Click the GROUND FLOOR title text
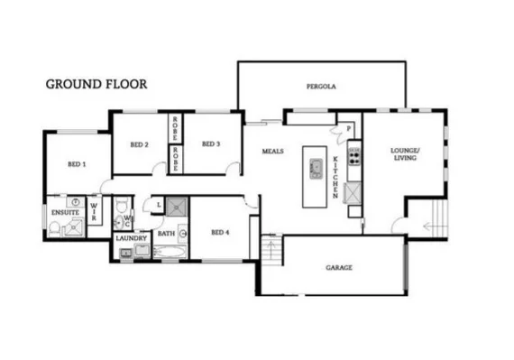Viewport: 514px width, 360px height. [96, 84]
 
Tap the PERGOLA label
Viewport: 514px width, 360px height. [320, 88]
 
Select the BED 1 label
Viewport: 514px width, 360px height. [78, 164]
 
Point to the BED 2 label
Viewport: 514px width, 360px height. [139, 143]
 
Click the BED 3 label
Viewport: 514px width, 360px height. [211, 143]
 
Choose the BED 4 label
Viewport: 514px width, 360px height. [220, 232]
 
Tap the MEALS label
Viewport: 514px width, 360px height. [273, 152]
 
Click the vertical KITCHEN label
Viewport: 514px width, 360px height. [335, 177]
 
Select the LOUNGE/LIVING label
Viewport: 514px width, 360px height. [404, 155]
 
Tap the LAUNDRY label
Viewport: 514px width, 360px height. [131, 238]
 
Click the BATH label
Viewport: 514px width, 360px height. [167, 234]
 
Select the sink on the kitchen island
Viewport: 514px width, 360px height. [316, 167]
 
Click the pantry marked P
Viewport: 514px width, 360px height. [348, 129]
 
